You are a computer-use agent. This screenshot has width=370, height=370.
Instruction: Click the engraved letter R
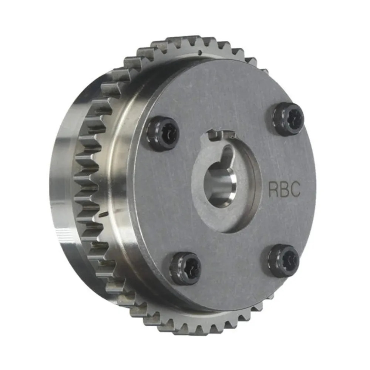pyautogui.click(x=274, y=189)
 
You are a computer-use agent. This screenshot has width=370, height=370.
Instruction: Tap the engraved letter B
pyautogui.click(x=285, y=189)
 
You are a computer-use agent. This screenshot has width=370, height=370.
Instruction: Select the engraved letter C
pyautogui.click(x=295, y=189)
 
